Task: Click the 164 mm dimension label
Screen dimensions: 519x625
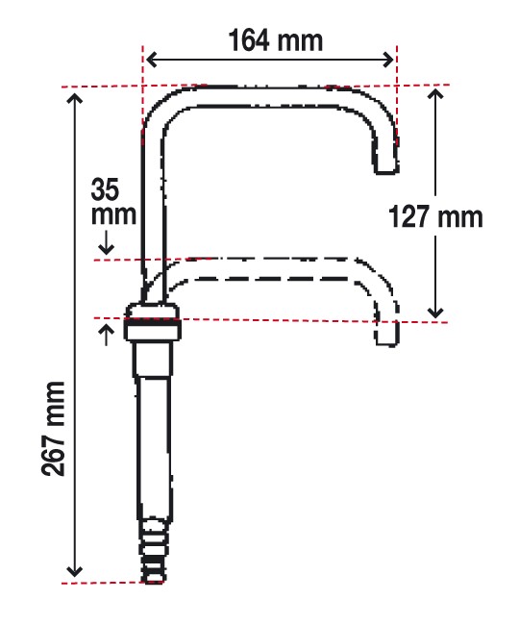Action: [276, 40]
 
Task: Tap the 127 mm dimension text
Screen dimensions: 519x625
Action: [435, 217]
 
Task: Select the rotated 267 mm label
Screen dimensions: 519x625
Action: [53, 429]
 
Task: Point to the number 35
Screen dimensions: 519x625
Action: [105, 189]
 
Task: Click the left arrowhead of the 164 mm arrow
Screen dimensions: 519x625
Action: [151, 61]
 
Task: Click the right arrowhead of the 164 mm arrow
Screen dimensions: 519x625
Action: [388, 61]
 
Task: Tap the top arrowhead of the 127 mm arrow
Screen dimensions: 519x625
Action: [435, 93]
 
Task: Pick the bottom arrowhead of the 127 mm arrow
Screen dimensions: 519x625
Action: [435, 312]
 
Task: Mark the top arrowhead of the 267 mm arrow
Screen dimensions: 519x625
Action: [74, 98]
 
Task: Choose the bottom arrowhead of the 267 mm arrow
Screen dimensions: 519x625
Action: [74, 571]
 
